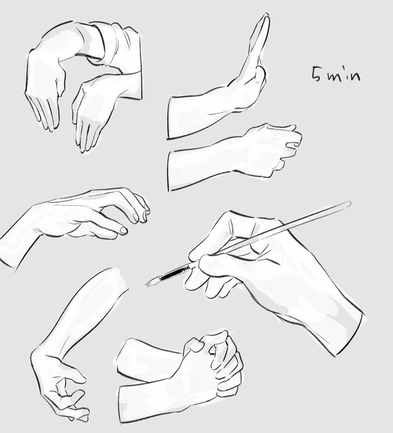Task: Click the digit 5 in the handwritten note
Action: click(x=317, y=73)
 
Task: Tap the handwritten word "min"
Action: click(x=344, y=75)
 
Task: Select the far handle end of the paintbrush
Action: click(x=350, y=203)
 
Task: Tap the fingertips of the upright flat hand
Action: click(x=266, y=17)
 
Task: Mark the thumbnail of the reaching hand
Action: click(x=124, y=231)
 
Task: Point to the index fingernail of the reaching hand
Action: click(x=135, y=217)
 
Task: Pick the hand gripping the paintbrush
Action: click(x=235, y=257)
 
